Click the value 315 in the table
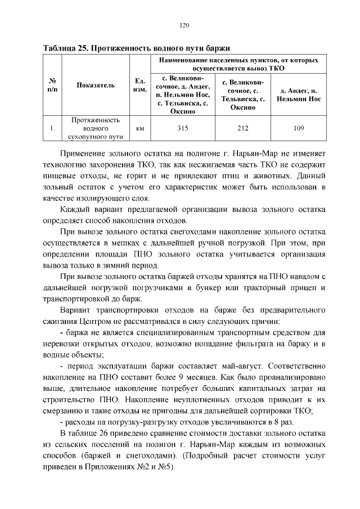pos(183,128)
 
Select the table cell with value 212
pos(243,128)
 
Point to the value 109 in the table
pos(299,128)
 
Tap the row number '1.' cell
pos(52,128)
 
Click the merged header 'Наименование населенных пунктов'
pos(238,64)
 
